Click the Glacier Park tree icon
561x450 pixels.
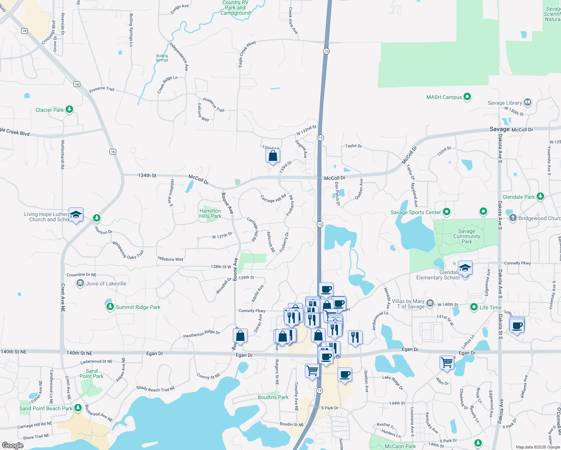[69, 109]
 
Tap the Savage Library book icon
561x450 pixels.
[528, 102]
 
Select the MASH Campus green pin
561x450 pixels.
[467, 97]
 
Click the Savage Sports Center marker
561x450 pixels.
[446, 212]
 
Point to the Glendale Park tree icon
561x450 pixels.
[540, 196]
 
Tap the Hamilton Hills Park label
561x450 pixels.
[210, 213]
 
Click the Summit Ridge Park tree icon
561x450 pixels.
[110, 307]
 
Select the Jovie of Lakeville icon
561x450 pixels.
[80, 283]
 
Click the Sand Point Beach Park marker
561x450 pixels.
[78, 408]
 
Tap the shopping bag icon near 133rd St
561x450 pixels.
[273, 156]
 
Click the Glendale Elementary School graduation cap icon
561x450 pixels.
[465, 268]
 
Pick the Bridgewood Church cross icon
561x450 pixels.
[513, 217]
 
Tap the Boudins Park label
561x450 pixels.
[273, 397]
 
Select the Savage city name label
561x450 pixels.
[499, 129]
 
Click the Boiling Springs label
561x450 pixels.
[162, 58]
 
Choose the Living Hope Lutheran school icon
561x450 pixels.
[76, 214]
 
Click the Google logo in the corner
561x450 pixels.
[12, 445]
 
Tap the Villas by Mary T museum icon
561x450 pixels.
[430, 303]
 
